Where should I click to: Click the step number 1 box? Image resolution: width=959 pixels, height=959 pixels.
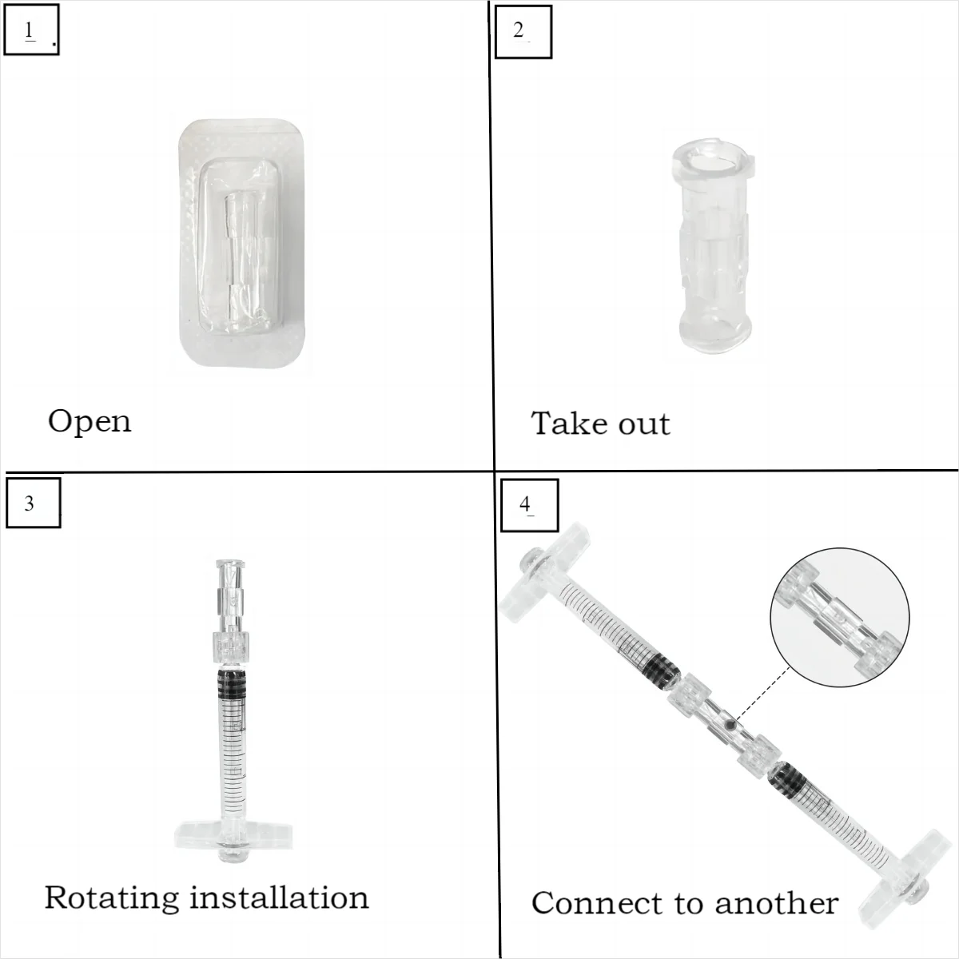31,31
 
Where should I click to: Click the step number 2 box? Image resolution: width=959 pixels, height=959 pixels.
523,31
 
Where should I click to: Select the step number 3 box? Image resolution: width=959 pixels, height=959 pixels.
33,503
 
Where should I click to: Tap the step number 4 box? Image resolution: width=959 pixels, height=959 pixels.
528,505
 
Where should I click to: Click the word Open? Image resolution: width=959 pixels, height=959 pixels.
90,421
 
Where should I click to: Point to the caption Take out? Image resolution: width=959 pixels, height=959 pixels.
600,424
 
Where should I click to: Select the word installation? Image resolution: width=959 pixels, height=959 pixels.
280,897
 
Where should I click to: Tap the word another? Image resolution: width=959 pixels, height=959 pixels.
776,903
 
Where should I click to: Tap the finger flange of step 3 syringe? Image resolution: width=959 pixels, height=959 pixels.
233,836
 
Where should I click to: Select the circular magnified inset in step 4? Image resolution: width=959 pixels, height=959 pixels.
839,617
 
